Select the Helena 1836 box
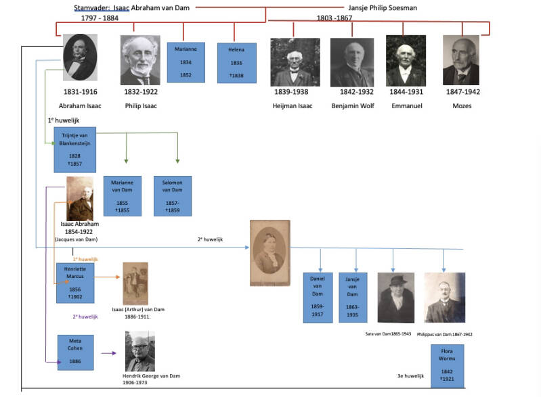point(236,63)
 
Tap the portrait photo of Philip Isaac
point(140,60)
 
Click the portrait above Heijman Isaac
point(295,62)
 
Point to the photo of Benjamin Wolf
point(352,62)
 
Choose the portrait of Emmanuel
point(406,60)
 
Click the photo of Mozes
point(460,60)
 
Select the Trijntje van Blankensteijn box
point(74,149)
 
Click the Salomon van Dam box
point(173,195)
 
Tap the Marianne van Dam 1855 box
point(123,195)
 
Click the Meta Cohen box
point(74,352)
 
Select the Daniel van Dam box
point(318,298)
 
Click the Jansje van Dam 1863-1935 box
point(352,298)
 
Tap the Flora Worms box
point(448,366)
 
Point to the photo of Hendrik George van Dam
point(139,351)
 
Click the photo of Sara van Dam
point(395,298)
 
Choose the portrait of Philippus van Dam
point(444,298)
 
